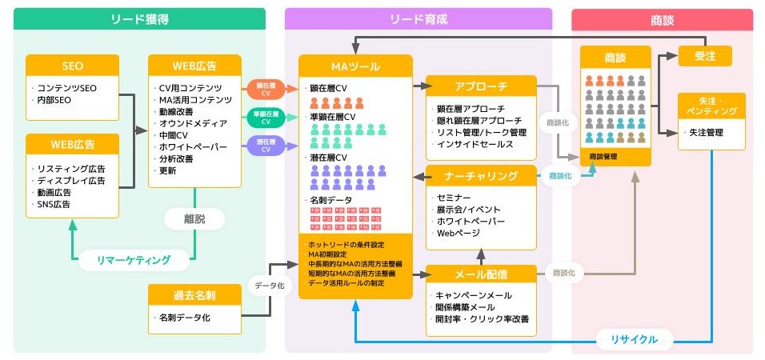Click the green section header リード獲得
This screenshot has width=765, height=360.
[139, 18]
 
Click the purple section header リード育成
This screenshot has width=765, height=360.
[419, 18]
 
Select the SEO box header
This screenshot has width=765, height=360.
[72, 66]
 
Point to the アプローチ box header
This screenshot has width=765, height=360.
[480, 86]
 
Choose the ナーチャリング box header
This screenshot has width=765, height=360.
[480, 175]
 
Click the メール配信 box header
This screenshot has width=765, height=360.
[480, 274]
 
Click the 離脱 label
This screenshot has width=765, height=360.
[195, 218]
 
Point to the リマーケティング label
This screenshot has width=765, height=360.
[134, 259]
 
